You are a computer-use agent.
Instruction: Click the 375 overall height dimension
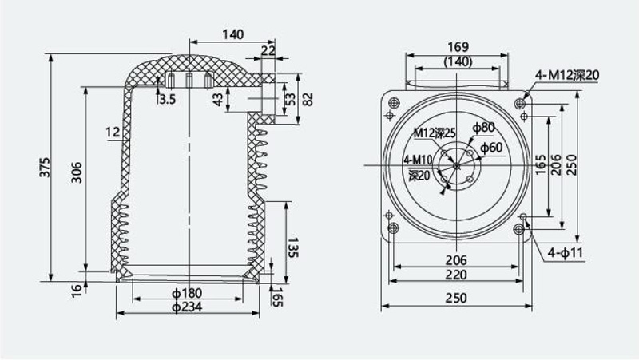45,167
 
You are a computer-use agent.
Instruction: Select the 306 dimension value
77,172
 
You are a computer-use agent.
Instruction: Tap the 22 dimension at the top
268,51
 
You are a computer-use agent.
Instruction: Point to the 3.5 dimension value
167,99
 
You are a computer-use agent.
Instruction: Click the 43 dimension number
218,100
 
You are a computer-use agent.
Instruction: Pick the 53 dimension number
290,99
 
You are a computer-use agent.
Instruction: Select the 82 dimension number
308,99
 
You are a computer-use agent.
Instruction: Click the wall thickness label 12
113,132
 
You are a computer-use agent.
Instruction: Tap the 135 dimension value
293,247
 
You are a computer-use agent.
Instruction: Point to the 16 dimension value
77,291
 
